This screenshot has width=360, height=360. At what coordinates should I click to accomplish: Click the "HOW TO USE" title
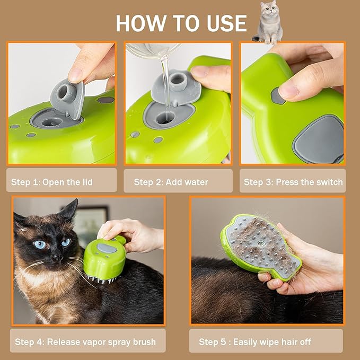[181, 24]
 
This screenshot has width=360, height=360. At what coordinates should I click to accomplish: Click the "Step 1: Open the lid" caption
[52, 182]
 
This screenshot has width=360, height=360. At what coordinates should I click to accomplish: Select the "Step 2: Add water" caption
[171, 182]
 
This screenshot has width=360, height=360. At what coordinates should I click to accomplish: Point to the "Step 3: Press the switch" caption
[293, 182]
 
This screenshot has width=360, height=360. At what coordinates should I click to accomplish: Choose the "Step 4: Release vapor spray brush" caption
[85, 342]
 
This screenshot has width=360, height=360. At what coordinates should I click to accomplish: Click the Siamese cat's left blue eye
[40, 244]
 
